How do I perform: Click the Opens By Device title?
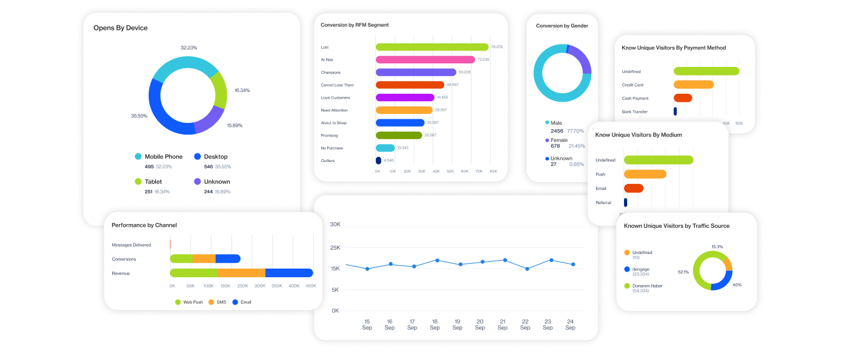click(120, 28)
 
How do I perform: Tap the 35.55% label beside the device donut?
click(139, 116)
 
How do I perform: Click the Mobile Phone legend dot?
click(138, 157)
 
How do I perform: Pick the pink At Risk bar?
click(425, 60)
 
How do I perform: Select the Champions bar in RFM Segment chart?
click(416, 72)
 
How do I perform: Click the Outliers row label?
click(327, 161)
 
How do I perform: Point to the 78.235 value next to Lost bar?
click(496, 47)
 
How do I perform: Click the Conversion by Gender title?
click(562, 26)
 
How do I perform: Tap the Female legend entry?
click(559, 140)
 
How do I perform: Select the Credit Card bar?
click(693, 85)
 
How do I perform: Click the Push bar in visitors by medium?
click(645, 174)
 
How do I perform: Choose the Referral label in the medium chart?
click(603, 202)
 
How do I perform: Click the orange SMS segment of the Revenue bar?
click(241, 273)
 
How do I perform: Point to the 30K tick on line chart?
click(335, 225)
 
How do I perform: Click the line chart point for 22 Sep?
click(527, 269)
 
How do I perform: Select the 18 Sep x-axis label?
click(435, 324)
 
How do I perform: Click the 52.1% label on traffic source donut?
click(683, 272)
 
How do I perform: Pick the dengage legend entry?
click(642, 269)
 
